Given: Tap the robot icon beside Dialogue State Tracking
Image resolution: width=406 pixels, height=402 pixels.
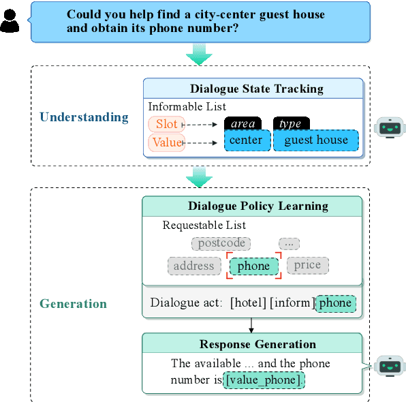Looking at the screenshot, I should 390,127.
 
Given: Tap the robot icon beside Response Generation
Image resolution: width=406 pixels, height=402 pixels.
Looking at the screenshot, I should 389,366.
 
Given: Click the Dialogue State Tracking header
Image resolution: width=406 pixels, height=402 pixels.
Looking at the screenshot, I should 256,89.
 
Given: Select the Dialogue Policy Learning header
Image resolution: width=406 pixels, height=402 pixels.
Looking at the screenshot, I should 258,206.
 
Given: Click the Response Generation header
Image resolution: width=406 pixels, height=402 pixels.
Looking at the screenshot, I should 257,344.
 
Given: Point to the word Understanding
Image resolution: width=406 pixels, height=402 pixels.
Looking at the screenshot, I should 84,117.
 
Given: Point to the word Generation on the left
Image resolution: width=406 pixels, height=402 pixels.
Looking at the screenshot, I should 73,304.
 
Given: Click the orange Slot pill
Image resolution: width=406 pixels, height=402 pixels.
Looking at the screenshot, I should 166,124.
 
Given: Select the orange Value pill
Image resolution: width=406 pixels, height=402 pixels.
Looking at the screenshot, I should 166,142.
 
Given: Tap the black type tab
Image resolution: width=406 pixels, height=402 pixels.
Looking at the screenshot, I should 291,124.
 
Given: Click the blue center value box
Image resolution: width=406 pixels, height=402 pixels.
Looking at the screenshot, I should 247,140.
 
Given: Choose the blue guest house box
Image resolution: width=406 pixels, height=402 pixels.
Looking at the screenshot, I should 315,140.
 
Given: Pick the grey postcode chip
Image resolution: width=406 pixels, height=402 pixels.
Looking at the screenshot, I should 221,243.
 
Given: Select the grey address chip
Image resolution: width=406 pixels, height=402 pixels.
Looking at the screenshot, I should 193,266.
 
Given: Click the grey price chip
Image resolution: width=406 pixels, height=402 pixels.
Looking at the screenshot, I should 307,265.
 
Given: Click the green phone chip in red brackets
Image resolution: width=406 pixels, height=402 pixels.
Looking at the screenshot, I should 253,266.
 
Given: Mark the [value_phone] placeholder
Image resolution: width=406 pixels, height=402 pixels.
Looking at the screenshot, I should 264,380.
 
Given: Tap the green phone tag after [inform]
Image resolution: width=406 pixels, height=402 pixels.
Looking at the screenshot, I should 335,303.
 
